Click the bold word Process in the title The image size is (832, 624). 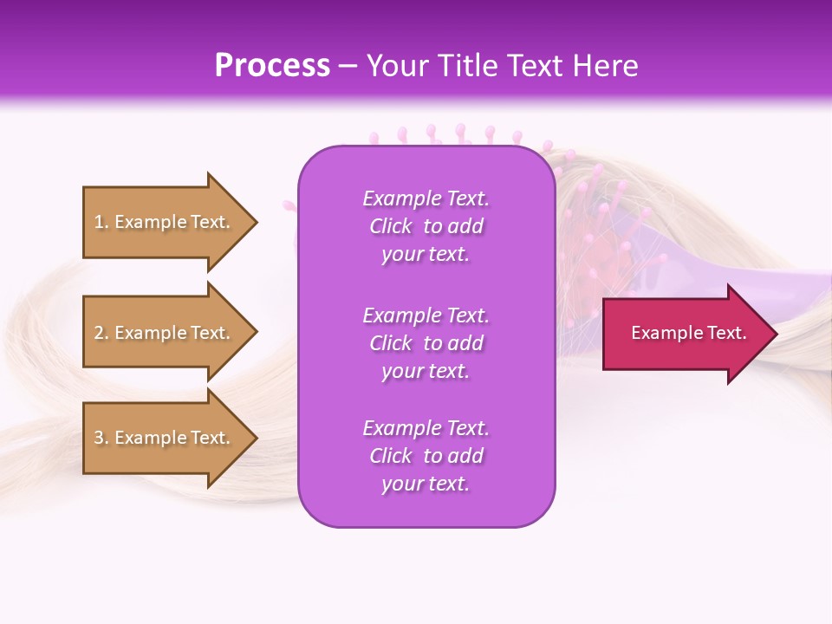pos(272,66)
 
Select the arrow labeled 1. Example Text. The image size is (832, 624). pos(165,222)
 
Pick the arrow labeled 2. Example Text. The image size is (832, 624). pos(165,333)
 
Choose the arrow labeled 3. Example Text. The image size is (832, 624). pos(165,438)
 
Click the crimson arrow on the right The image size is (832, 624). pos(685,333)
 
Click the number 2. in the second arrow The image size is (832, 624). pos(101,333)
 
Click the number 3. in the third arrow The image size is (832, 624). pos(101,438)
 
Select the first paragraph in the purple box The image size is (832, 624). pos(426,226)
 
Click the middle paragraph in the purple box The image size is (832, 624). pos(426,343)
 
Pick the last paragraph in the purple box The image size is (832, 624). pos(426,456)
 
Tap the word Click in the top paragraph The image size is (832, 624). pos(391,226)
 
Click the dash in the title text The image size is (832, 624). pos(348,67)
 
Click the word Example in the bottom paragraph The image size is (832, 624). pos(401,428)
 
